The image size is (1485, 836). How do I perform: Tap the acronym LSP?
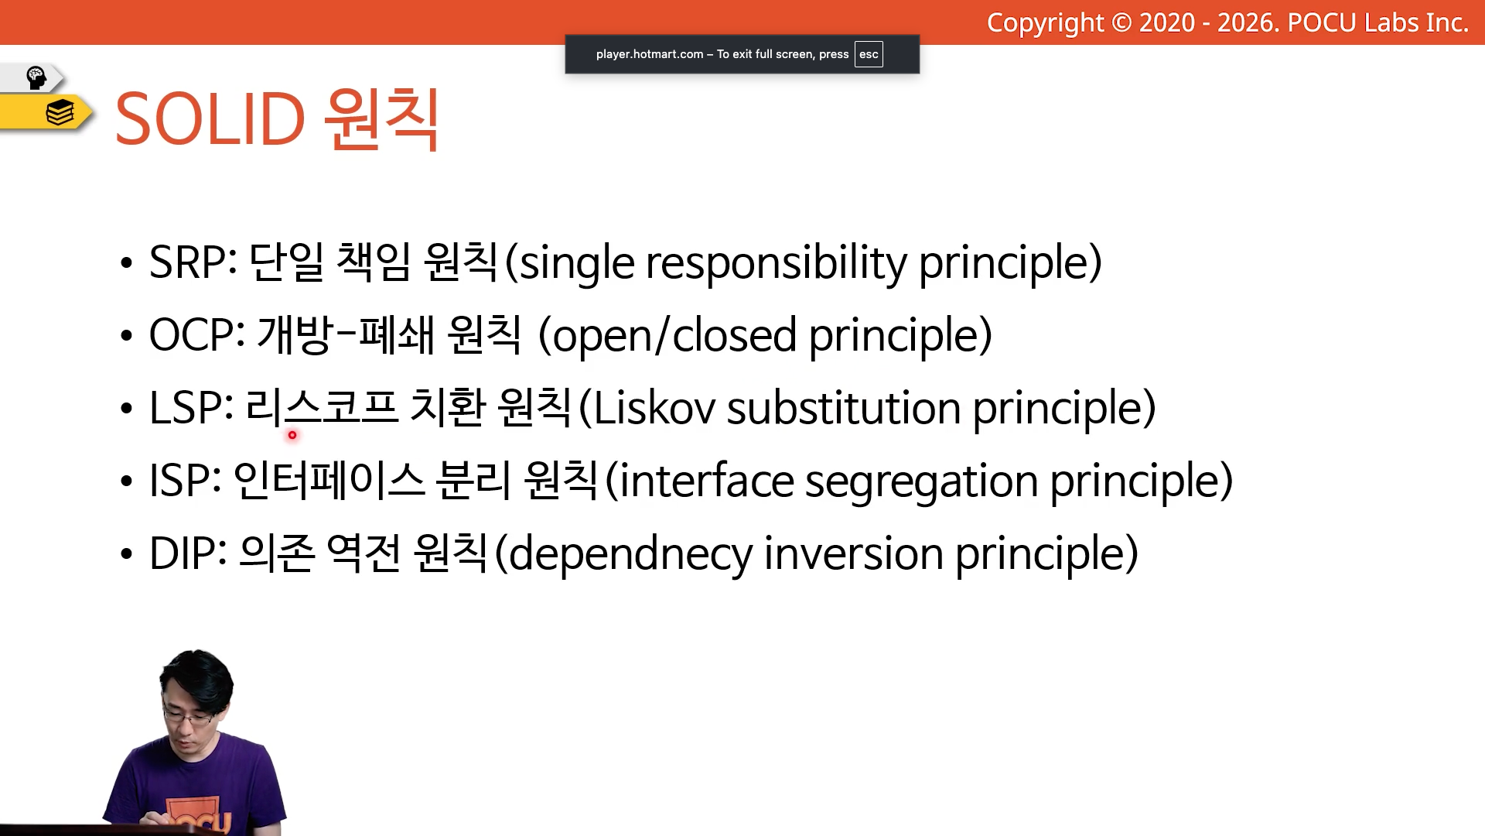(186, 408)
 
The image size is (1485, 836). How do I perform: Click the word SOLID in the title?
(210, 119)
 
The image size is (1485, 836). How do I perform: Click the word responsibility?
(776, 263)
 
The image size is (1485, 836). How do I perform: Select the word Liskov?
(654, 408)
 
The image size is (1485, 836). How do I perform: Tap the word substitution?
(844, 408)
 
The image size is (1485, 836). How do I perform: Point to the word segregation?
(921, 482)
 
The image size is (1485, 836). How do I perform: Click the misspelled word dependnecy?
(630, 554)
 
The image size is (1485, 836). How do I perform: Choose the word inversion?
(853, 554)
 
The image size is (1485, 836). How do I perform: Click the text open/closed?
(674, 336)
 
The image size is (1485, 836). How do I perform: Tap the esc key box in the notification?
(869, 54)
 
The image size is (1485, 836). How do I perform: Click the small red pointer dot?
(292, 435)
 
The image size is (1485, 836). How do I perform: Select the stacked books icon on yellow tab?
(60, 113)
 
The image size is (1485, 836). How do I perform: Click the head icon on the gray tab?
(36, 77)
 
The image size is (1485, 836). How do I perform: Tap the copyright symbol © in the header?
(1121, 22)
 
